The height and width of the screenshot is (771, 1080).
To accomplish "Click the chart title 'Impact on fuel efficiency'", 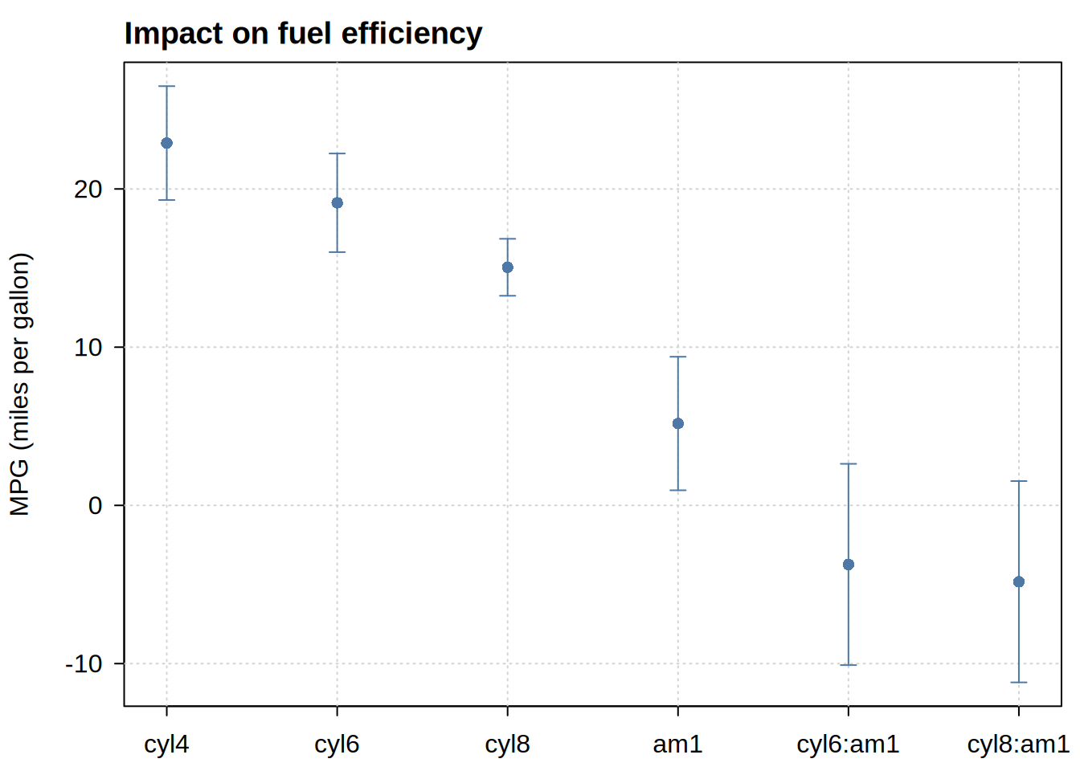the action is click(x=303, y=34).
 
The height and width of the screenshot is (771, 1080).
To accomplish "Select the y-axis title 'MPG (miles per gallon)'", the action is click(x=20, y=384).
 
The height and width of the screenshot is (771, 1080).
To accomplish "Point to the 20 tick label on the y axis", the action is click(x=88, y=190).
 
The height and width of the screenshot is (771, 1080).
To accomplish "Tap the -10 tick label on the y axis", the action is click(x=84, y=664).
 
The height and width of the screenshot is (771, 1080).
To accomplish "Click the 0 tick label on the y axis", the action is click(x=96, y=506).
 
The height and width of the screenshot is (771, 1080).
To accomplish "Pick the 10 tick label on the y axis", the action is click(x=88, y=348).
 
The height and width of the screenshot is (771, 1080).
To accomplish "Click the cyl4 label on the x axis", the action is click(x=166, y=745).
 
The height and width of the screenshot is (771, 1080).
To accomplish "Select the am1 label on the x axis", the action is click(x=677, y=745).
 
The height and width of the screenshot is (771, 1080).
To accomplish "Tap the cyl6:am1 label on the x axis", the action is click(x=848, y=745).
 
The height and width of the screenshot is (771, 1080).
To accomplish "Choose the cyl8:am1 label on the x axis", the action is click(x=1018, y=745).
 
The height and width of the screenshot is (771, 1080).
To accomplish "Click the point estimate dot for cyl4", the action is click(x=167, y=143).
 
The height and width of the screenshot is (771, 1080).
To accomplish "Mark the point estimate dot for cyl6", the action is click(x=337, y=203).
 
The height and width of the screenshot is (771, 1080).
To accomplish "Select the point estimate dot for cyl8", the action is click(x=508, y=267).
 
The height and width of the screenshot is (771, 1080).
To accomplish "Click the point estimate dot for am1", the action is click(x=678, y=423).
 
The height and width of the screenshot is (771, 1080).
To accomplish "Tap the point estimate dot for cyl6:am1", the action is click(x=849, y=565).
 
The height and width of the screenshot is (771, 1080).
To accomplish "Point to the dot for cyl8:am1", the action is click(x=1019, y=582).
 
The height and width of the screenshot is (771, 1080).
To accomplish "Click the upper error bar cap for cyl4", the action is click(x=167, y=86).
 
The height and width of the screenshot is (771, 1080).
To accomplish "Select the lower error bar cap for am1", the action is click(x=678, y=490).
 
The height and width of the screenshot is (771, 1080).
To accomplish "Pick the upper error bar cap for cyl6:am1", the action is click(x=849, y=463).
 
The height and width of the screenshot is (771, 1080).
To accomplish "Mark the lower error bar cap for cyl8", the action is click(x=508, y=296).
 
